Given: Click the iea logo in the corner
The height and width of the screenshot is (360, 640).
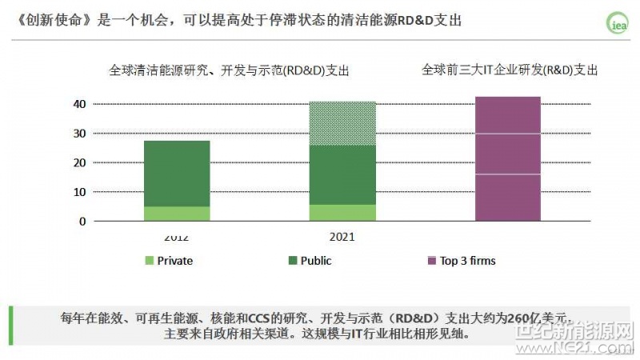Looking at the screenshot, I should pyautogui.click(x=617, y=25).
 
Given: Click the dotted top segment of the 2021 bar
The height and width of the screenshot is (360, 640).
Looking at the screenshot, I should pyautogui.click(x=342, y=123).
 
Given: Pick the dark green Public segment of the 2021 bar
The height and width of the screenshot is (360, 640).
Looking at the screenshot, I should pyautogui.click(x=342, y=174).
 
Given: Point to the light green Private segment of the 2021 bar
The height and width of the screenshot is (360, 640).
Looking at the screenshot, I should pyautogui.click(x=342, y=213).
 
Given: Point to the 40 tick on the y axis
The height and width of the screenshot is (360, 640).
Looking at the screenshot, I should pyautogui.click(x=79, y=104).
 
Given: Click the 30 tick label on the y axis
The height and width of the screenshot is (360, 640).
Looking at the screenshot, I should pyautogui.click(x=79, y=134).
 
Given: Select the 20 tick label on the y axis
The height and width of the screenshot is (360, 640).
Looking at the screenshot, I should pyautogui.click(x=79, y=163).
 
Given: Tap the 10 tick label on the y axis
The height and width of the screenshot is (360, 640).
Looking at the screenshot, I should pyautogui.click(x=79, y=192).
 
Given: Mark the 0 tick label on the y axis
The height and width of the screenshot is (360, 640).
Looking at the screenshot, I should pyautogui.click(x=82, y=222).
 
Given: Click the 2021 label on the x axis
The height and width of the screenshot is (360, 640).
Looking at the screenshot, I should pyautogui.click(x=342, y=237).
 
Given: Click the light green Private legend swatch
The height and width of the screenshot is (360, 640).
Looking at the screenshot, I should pyautogui.click(x=149, y=261).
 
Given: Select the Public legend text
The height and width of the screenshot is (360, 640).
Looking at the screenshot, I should pyautogui.click(x=315, y=261).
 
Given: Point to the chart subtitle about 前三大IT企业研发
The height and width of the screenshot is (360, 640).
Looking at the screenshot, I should pyautogui.click(x=510, y=70).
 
